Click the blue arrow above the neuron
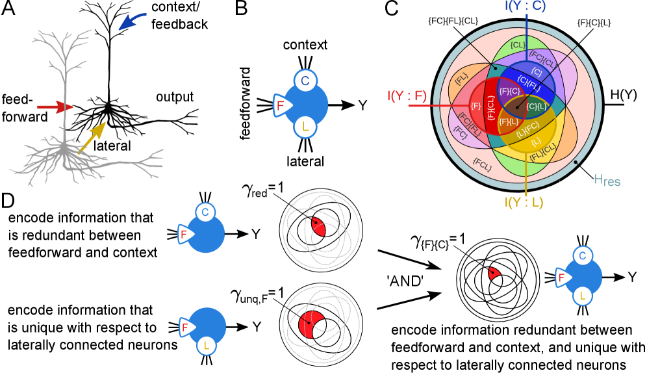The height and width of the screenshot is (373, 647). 133,21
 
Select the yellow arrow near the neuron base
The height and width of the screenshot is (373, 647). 92,137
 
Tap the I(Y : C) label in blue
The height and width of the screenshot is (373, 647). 525,6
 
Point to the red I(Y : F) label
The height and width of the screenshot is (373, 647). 407,97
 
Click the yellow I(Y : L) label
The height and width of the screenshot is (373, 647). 524,203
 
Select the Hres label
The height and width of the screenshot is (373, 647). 607,181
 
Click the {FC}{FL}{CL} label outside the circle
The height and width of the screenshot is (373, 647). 453,21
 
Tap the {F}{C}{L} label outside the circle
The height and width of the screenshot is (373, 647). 594,23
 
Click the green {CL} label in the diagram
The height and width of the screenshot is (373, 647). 518,45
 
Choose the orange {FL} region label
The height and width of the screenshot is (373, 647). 461,79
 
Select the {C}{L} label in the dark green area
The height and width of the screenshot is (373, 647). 537,106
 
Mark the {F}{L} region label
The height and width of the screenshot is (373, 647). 508,122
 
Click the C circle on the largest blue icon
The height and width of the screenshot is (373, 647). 305,81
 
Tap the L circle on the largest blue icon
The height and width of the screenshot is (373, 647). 305,127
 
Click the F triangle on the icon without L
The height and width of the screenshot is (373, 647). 184,234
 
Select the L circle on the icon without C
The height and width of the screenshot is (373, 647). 207,346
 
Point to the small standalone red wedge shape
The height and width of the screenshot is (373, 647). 494,274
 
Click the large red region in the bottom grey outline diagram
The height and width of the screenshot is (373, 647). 310,324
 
